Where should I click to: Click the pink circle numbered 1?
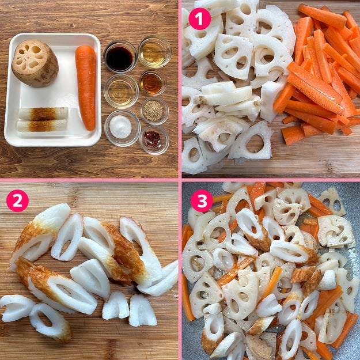point(199,19)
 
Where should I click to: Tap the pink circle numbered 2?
point(17,200)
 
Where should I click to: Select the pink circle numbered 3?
point(202,200)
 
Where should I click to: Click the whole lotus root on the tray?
point(35,63)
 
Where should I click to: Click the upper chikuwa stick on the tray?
point(43,113)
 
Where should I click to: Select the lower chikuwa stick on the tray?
point(42,126)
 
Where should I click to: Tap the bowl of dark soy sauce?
point(120,57)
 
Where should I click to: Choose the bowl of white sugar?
point(122,128)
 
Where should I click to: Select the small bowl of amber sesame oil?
point(153,82)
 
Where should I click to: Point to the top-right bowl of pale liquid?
point(154,52)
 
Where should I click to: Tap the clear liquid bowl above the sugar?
point(121,91)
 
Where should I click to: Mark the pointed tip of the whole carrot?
point(91,130)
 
